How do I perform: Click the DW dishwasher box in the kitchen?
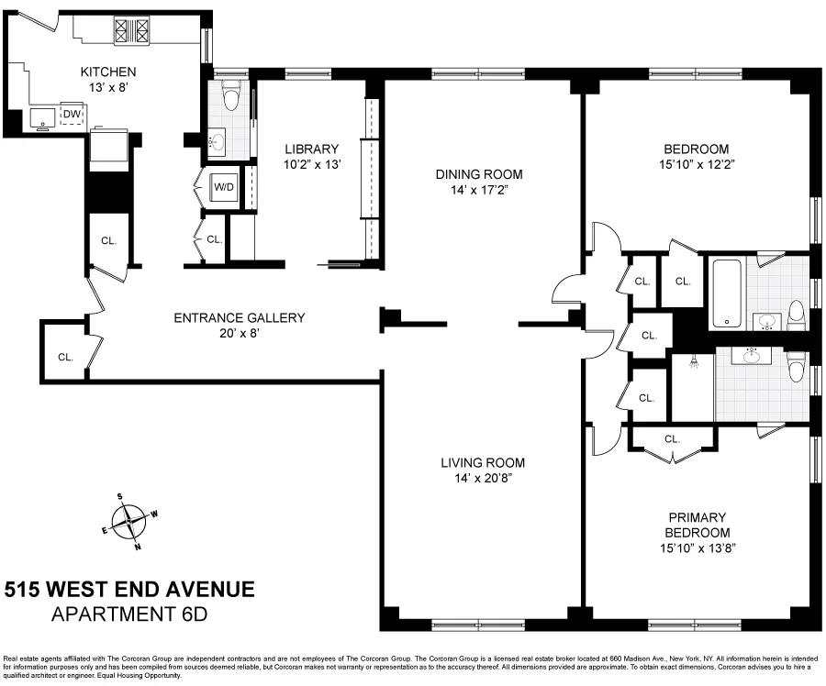tap(72, 116)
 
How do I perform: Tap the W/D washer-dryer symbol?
tap(224, 187)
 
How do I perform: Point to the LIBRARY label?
tap(311, 149)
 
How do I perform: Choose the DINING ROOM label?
tap(478, 174)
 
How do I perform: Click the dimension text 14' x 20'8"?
tap(482, 478)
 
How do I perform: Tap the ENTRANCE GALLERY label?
tap(239, 318)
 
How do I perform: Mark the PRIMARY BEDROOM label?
tap(698, 526)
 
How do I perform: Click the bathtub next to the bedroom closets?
tap(727, 293)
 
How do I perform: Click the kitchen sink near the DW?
tap(42, 116)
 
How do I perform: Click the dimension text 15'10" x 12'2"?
tap(697, 165)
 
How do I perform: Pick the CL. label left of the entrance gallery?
tap(66, 357)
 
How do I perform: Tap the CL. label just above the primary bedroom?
tap(672, 439)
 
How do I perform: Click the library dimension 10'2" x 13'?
tap(311, 165)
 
